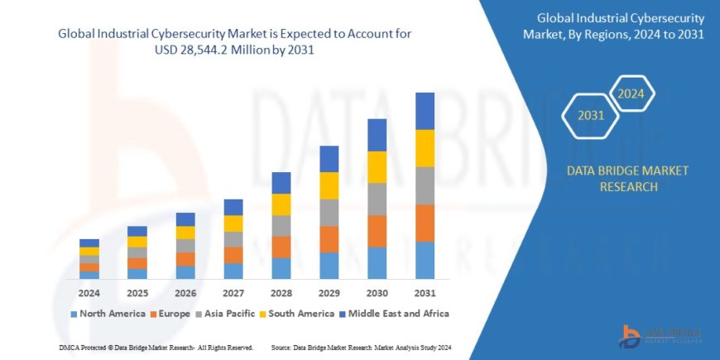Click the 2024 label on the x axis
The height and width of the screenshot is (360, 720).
coord(89,294)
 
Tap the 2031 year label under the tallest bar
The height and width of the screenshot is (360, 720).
coord(425,294)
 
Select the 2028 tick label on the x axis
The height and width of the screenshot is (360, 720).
coord(281,294)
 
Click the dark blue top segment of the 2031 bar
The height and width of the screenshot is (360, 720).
coord(425,111)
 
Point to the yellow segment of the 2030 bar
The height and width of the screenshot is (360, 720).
coord(377,167)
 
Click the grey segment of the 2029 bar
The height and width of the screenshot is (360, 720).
coord(329,213)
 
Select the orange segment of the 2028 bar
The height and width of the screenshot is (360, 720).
coord(281,247)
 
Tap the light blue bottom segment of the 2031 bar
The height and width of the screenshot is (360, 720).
coord(425,260)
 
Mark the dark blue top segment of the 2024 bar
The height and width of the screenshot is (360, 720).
coord(89,242)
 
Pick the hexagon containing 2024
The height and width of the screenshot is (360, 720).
coord(631,94)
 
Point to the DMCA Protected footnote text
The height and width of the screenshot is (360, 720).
coord(156,347)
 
